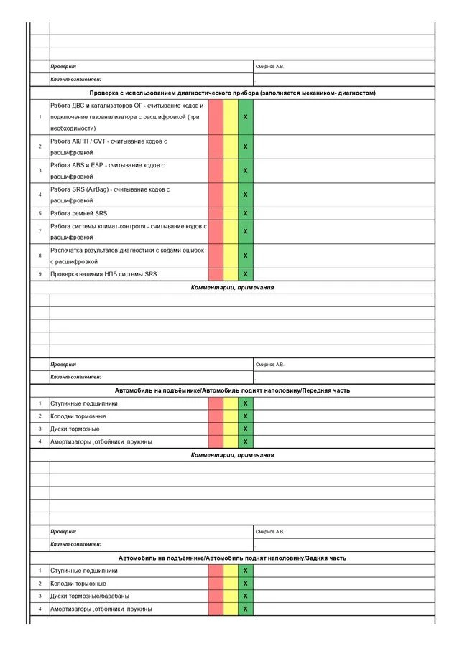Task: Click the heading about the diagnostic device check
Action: tap(232, 93)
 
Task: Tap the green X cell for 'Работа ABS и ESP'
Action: tap(246, 171)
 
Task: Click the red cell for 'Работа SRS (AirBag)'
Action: tap(216, 195)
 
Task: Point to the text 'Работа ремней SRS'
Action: tap(79, 213)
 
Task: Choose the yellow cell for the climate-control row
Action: tap(231, 231)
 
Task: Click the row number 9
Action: tap(40, 274)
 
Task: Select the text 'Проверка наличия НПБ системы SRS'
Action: tap(103, 274)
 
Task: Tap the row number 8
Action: tap(40, 256)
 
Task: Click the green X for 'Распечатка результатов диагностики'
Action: tap(246, 256)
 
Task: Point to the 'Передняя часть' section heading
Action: tap(232, 390)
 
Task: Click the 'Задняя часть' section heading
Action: tap(232, 558)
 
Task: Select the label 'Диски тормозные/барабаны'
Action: tap(90, 596)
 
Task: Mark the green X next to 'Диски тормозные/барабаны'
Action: tap(246, 596)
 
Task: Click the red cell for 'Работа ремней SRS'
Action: tap(216, 213)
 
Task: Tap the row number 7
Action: tap(40, 231)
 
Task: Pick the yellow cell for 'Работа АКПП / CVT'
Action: tap(231, 146)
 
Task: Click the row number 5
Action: tap(40, 213)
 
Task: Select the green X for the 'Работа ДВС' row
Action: tap(246, 116)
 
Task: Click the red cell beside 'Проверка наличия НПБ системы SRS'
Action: tap(216, 274)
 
